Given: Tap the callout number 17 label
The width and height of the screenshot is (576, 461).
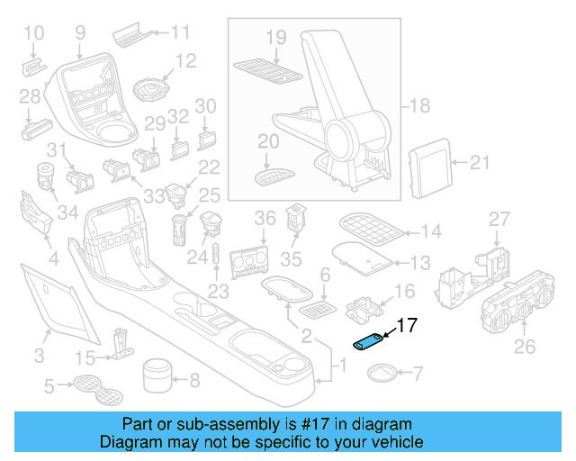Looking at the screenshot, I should [x=407, y=326].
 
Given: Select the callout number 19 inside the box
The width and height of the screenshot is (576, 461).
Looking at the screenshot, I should [x=275, y=38].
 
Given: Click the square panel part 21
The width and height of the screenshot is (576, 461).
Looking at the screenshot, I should [x=429, y=165].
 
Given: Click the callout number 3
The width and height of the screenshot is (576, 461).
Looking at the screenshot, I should [x=39, y=356].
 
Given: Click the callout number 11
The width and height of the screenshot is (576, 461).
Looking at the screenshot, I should [x=181, y=33].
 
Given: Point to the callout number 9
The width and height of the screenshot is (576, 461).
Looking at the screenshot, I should [x=79, y=33].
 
